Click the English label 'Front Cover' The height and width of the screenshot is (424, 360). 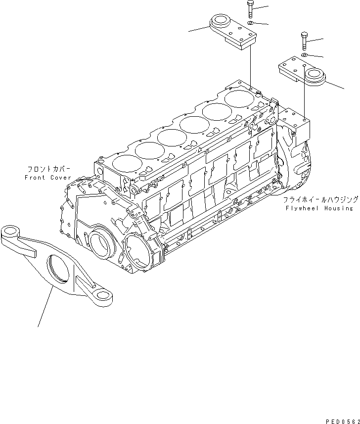[x=47, y=177]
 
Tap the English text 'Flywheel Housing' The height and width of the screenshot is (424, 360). [x=318, y=208]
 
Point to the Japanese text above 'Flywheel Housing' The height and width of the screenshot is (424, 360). [x=320, y=200]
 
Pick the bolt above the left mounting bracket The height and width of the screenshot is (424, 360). [x=250, y=10]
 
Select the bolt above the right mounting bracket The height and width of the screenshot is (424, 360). [x=304, y=39]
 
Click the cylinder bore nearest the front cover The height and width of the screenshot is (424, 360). [x=124, y=163]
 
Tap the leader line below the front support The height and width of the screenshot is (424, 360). [x=45, y=307]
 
